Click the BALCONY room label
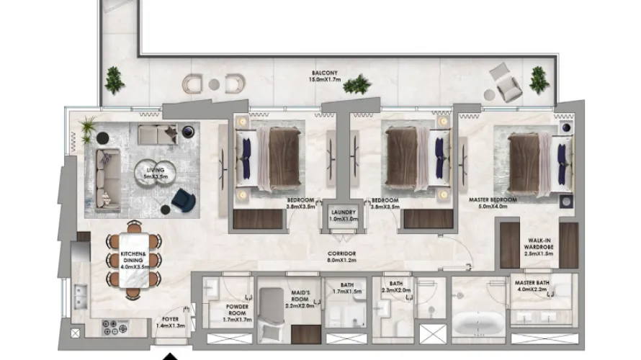325,73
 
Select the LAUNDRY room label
339,212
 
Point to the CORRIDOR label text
341,254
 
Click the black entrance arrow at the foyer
170,355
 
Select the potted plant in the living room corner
89,130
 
